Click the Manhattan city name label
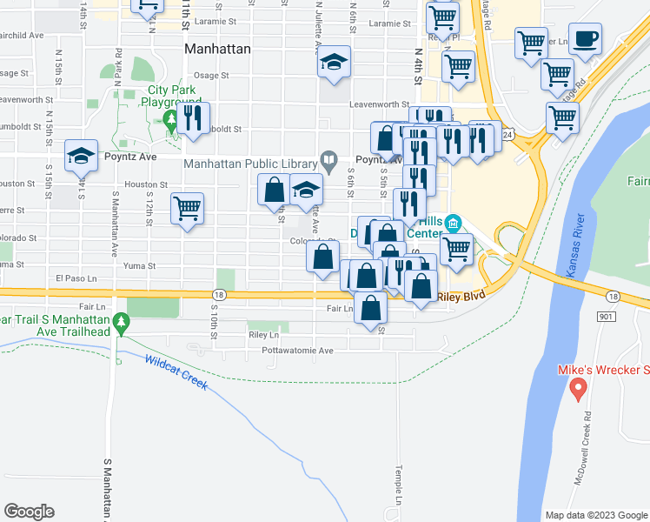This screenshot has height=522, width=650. tap(218, 50)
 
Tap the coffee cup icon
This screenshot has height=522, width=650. tap(587, 39)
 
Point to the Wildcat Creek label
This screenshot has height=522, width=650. tap(176, 372)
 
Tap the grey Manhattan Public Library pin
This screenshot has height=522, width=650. tap(328, 159)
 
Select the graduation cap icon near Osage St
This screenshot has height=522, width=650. tap(334, 62)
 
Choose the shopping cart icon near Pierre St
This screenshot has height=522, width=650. tap(187, 209)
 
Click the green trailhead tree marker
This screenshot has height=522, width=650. tap(123, 325)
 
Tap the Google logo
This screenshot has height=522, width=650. tap(30, 511)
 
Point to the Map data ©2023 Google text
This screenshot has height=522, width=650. tap(596, 514)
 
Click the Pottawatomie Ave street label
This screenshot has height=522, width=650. tap(298, 351)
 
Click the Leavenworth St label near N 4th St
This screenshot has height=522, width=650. tap(379, 104)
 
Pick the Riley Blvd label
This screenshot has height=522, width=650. tap(461, 296)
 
